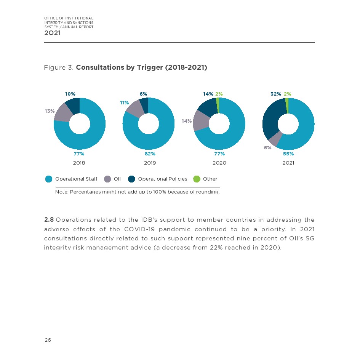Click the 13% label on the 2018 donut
pyautogui.click(x=50, y=111)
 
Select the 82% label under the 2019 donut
pyautogui.click(x=150, y=154)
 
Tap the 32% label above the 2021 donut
pyautogui.click(x=276, y=94)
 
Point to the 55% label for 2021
pyautogui.click(x=288, y=154)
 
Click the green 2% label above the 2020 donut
pyautogui.click(x=219, y=94)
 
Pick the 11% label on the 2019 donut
pyautogui.click(x=125, y=103)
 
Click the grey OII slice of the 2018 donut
pyautogui.click(x=63, y=112)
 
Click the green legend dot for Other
pyautogui.click(x=197, y=179)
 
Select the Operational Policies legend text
pyautogui.click(x=163, y=179)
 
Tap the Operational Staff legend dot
pyautogui.click(x=49, y=179)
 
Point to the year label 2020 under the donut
pyautogui.click(x=219, y=163)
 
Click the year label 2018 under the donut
pyautogui.click(x=79, y=163)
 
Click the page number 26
pyautogui.click(x=48, y=340)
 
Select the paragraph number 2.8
pyautogui.click(x=49, y=220)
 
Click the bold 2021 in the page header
pyautogui.click(x=52, y=33)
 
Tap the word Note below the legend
pyautogui.click(x=61, y=192)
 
